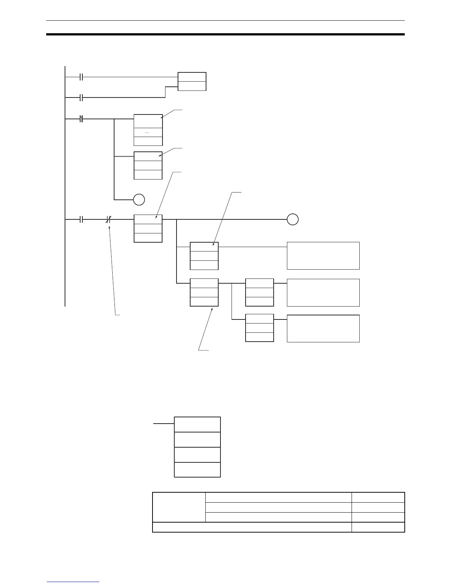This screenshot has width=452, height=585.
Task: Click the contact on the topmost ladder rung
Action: click(x=82, y=77)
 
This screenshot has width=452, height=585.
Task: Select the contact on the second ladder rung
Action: click(x=82, y=97)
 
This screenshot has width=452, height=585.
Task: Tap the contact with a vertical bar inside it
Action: click(x=82, y=119)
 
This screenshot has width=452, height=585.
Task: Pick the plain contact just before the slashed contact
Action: click(x=82, y=219)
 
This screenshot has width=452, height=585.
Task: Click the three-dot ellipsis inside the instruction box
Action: click(x=148, y=133)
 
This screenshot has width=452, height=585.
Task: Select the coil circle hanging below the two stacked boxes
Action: click(x=139, y=200)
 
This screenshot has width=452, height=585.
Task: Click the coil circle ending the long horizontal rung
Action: click(x=292, y=219)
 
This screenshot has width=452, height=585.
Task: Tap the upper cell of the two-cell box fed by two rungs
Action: click(x=192, y=77)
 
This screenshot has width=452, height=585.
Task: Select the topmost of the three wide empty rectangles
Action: click(x=323, y=256)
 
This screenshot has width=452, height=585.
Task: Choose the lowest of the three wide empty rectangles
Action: click(x=323, y=329)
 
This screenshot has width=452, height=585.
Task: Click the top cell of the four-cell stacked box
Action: click(x=197, y=424)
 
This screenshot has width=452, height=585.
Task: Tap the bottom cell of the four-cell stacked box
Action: click(x=197, y=470)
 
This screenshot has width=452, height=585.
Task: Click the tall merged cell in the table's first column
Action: click(x=179, y=507)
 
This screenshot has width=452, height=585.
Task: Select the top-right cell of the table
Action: click(x=378, y=497)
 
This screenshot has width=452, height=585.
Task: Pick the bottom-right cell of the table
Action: click(x=378, y=527)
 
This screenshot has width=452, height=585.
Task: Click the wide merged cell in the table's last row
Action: click(x=252, y=527)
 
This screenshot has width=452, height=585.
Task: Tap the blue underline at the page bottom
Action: click(x=73, y=582)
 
